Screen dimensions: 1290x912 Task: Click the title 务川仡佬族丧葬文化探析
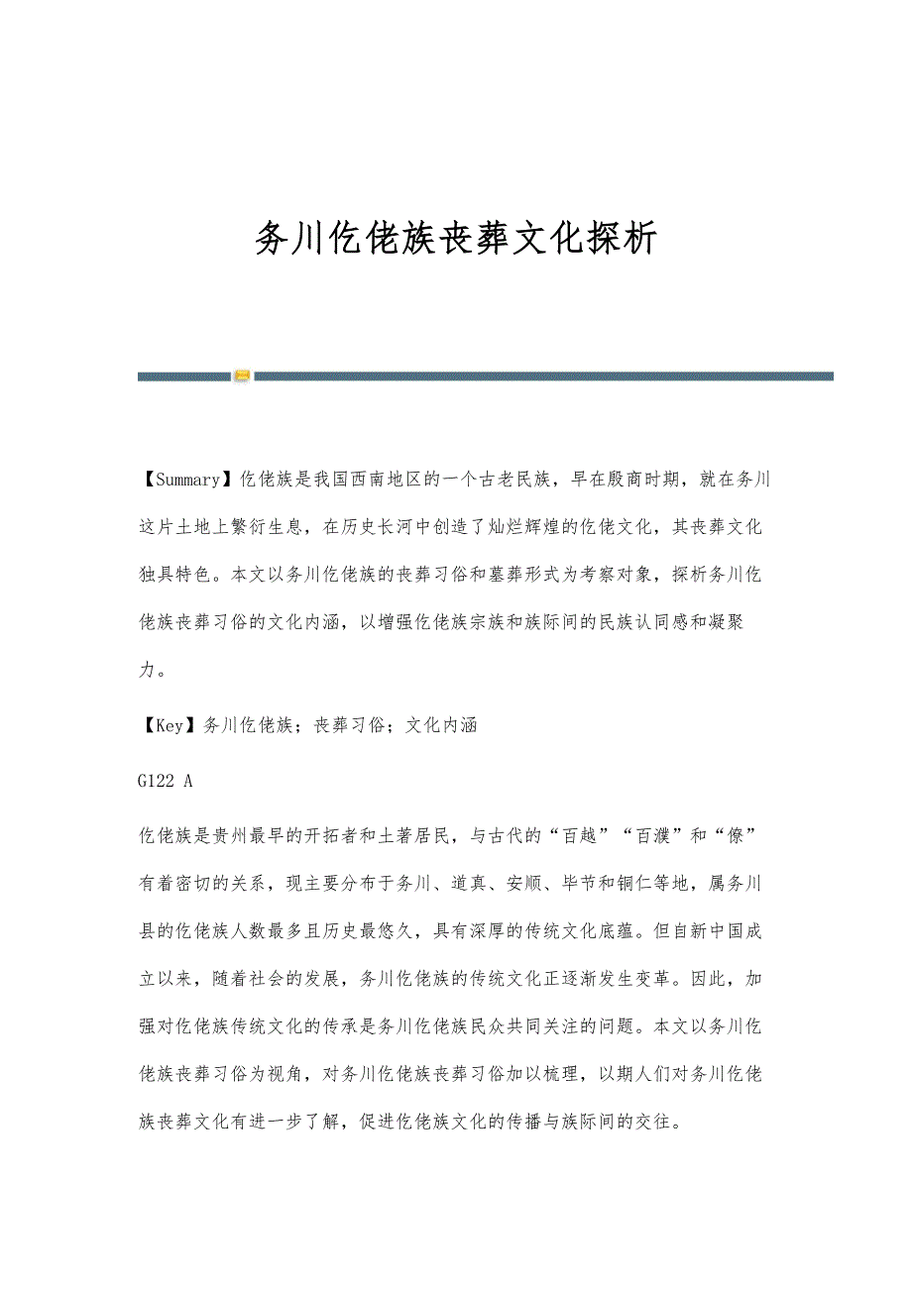click(x=456, y=239)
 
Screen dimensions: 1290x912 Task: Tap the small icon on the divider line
click(x=242, y=376)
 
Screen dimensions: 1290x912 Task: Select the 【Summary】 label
click(x=182, y=480)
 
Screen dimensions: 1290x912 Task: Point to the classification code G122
click(x=156, y=781)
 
